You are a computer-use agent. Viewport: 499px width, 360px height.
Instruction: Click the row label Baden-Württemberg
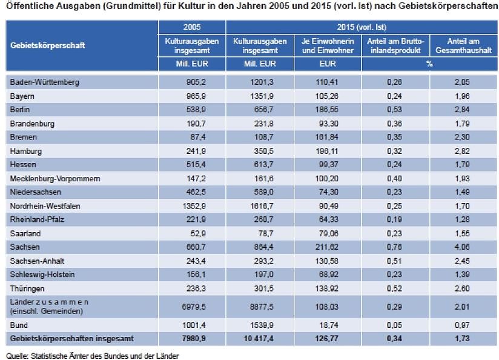point(44,82)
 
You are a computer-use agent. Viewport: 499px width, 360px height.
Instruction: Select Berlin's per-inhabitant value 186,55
point(327,110)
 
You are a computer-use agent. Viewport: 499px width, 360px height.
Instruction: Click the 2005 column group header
point(191,27)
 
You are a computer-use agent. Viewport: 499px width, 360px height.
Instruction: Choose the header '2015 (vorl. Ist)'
point(362,27)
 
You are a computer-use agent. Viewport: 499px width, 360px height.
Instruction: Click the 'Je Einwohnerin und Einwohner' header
point(327,45)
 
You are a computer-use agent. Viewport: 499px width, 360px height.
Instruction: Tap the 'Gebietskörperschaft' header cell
point(47,45)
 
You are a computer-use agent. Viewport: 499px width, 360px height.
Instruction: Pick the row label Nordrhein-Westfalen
point(45,206)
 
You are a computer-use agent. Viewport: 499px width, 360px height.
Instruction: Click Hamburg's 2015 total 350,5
point(259,151)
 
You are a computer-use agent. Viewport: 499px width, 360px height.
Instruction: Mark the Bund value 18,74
point(327,325)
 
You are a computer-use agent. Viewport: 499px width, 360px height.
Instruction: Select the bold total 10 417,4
point(259,338)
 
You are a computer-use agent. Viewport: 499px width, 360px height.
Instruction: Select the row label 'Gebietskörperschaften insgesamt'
point(72,338)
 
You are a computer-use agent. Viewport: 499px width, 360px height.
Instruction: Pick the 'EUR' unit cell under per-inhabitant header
point(327,64)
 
